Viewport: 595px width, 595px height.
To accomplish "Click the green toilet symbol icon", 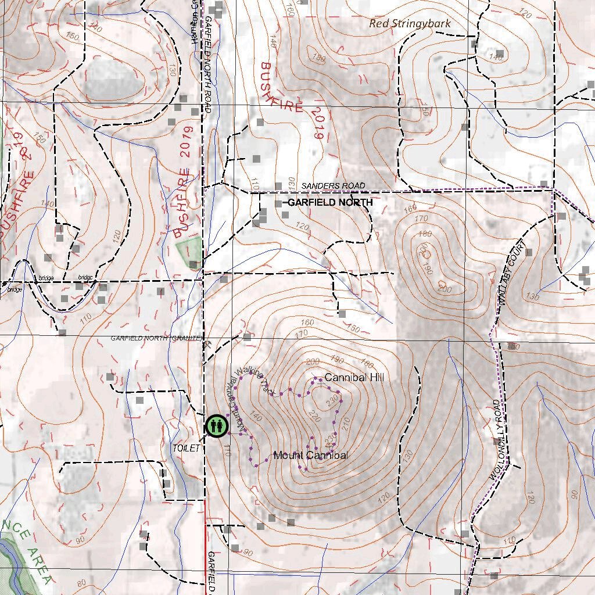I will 215,426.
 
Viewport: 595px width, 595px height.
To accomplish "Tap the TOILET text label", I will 186,449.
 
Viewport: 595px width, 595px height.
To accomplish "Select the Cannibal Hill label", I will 354,378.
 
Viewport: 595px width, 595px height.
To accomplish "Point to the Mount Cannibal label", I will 310,455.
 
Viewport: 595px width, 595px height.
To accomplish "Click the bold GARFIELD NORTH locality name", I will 330,202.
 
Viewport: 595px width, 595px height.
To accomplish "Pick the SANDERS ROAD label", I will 333,186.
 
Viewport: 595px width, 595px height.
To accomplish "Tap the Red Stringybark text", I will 410,23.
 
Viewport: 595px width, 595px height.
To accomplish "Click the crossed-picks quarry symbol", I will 207,343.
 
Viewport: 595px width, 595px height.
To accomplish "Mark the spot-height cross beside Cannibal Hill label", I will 319,384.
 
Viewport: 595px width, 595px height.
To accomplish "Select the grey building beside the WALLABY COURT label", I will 528,253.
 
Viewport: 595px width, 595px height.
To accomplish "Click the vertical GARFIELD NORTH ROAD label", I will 207,64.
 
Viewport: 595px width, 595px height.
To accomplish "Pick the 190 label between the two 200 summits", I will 445,270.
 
